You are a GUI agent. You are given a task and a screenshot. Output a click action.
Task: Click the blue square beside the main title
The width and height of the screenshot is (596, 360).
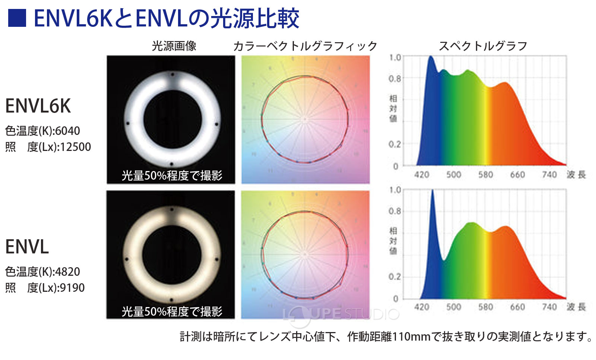17,18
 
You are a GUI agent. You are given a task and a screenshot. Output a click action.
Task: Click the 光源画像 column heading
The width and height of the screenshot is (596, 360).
174,46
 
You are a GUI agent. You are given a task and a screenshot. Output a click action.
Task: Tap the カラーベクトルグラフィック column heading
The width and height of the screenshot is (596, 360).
305,46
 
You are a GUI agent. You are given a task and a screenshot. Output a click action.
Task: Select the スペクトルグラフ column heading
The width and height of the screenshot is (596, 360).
483,46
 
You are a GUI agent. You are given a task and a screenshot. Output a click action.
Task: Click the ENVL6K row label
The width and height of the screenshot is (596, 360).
38,106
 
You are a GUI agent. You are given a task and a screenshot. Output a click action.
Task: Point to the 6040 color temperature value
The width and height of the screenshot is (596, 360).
67,131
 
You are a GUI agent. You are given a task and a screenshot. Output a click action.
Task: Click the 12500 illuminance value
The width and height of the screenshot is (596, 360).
75,147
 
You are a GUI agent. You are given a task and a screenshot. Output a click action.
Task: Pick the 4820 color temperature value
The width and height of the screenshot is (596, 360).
67,272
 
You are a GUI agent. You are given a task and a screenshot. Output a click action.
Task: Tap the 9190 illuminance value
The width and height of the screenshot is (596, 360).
72,288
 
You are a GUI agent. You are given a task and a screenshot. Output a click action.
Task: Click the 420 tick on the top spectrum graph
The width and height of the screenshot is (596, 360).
422,174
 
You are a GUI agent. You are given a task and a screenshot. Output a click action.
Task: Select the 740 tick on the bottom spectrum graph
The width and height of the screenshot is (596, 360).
549,307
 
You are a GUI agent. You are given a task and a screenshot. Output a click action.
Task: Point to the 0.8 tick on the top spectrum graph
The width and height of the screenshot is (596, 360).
395,79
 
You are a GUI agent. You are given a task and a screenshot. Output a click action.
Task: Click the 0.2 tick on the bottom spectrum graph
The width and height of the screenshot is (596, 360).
395,277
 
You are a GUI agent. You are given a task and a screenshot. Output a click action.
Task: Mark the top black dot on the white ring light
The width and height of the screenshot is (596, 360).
172,75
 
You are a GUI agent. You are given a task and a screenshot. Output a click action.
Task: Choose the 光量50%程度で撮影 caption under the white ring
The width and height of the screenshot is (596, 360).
172,176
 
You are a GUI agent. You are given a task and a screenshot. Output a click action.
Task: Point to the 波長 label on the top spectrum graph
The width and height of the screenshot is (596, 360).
576,174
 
